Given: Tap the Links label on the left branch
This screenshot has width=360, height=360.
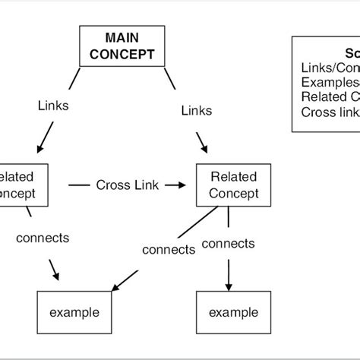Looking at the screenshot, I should click(53, 106).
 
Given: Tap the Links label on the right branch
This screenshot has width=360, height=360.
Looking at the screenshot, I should click(197, 111).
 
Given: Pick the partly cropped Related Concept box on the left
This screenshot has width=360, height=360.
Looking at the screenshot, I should click(23, 185).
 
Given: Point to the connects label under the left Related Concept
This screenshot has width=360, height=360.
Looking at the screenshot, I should click(43, 238).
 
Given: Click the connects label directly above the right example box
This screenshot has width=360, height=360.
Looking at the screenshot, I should click(228, 244).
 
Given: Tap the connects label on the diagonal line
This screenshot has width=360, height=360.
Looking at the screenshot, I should click(169, 249).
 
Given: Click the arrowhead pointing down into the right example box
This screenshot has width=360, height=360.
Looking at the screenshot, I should click(228, 283).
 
